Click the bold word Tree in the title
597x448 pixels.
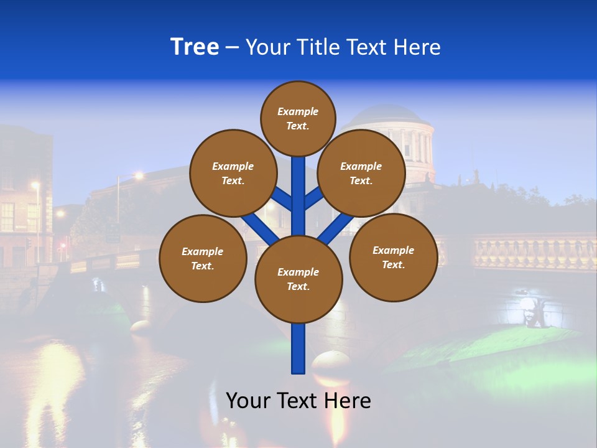[x=195, y=47]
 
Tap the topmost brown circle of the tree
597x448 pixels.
[x=298, y=118]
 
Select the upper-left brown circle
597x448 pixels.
[x=233, y=173]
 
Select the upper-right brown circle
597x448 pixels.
[x=361, y=173]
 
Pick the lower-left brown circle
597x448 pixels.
[x=203, y=258]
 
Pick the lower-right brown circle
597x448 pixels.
[x=393, y=257]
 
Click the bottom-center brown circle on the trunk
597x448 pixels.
[x=298, y=279]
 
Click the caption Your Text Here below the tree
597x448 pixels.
[x=298, y=401]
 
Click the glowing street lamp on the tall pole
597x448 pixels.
[x=139, y=176]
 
